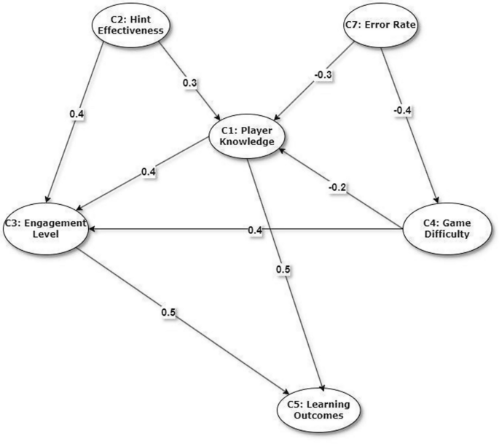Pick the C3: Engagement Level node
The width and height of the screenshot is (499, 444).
(x=46, y=228)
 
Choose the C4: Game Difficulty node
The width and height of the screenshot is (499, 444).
(x=447, y=228)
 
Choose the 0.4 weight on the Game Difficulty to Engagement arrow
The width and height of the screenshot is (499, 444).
(x=254, y=230)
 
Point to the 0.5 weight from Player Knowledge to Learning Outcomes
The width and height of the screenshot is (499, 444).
(x=284, y=270)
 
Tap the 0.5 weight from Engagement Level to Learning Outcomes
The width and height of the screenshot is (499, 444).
(x=168, y=313)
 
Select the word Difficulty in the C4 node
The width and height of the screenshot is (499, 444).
(x=447, y=235)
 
